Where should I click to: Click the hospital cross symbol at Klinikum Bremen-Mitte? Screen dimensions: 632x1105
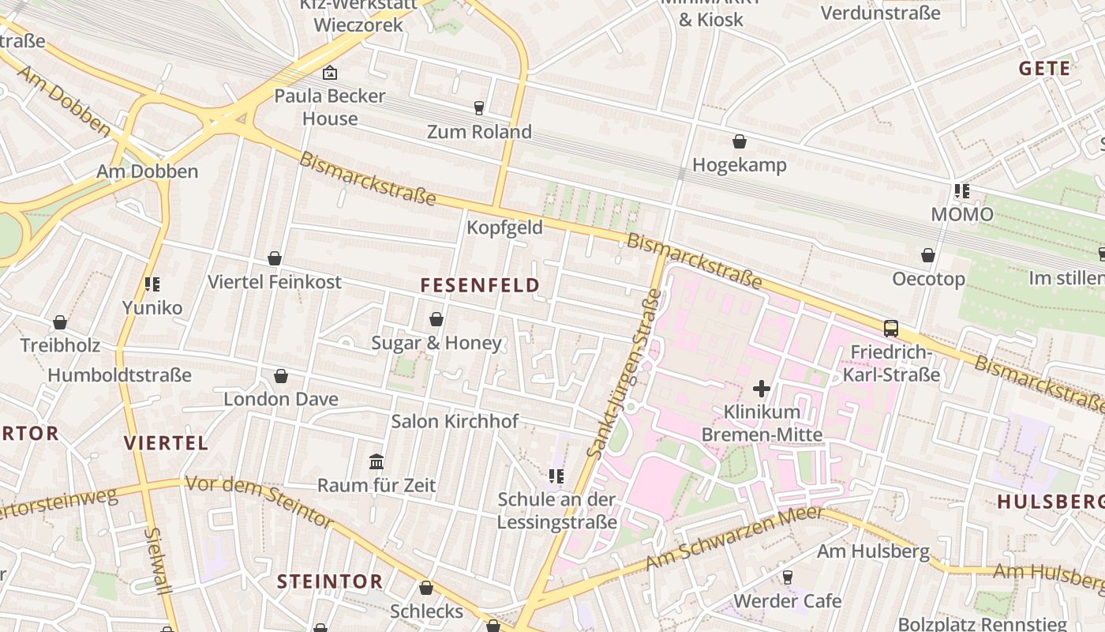point(762,388)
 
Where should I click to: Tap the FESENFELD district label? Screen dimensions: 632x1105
point(480,285)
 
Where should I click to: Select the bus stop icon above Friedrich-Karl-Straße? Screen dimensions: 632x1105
point(891,329)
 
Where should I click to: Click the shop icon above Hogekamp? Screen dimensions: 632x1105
point(740,141)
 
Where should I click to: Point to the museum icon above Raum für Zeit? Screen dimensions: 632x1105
point(376,461)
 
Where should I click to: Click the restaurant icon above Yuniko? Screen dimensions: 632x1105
point(152,284)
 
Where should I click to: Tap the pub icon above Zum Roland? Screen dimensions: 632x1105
point(479,108)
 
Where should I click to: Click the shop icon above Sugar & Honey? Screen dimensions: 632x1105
point(436,319)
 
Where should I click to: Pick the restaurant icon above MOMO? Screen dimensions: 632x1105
point(961,191)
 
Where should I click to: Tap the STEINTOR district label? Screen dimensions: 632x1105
point(330,581)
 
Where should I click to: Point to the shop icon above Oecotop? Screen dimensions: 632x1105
point(928,255)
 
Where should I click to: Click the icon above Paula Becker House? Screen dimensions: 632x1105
point(330,73)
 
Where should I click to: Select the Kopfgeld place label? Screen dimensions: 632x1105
point(504,228)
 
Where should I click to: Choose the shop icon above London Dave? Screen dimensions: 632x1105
point(280,376)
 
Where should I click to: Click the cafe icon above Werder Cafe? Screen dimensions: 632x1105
point(787,577)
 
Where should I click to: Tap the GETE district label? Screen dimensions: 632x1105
point(1044,69)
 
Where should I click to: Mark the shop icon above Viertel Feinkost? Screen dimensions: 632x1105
point(275,258)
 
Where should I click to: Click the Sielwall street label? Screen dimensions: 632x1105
point(158,561)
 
